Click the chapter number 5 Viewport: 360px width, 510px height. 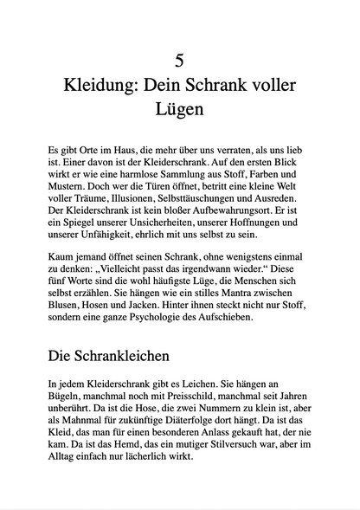pos(179,61)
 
